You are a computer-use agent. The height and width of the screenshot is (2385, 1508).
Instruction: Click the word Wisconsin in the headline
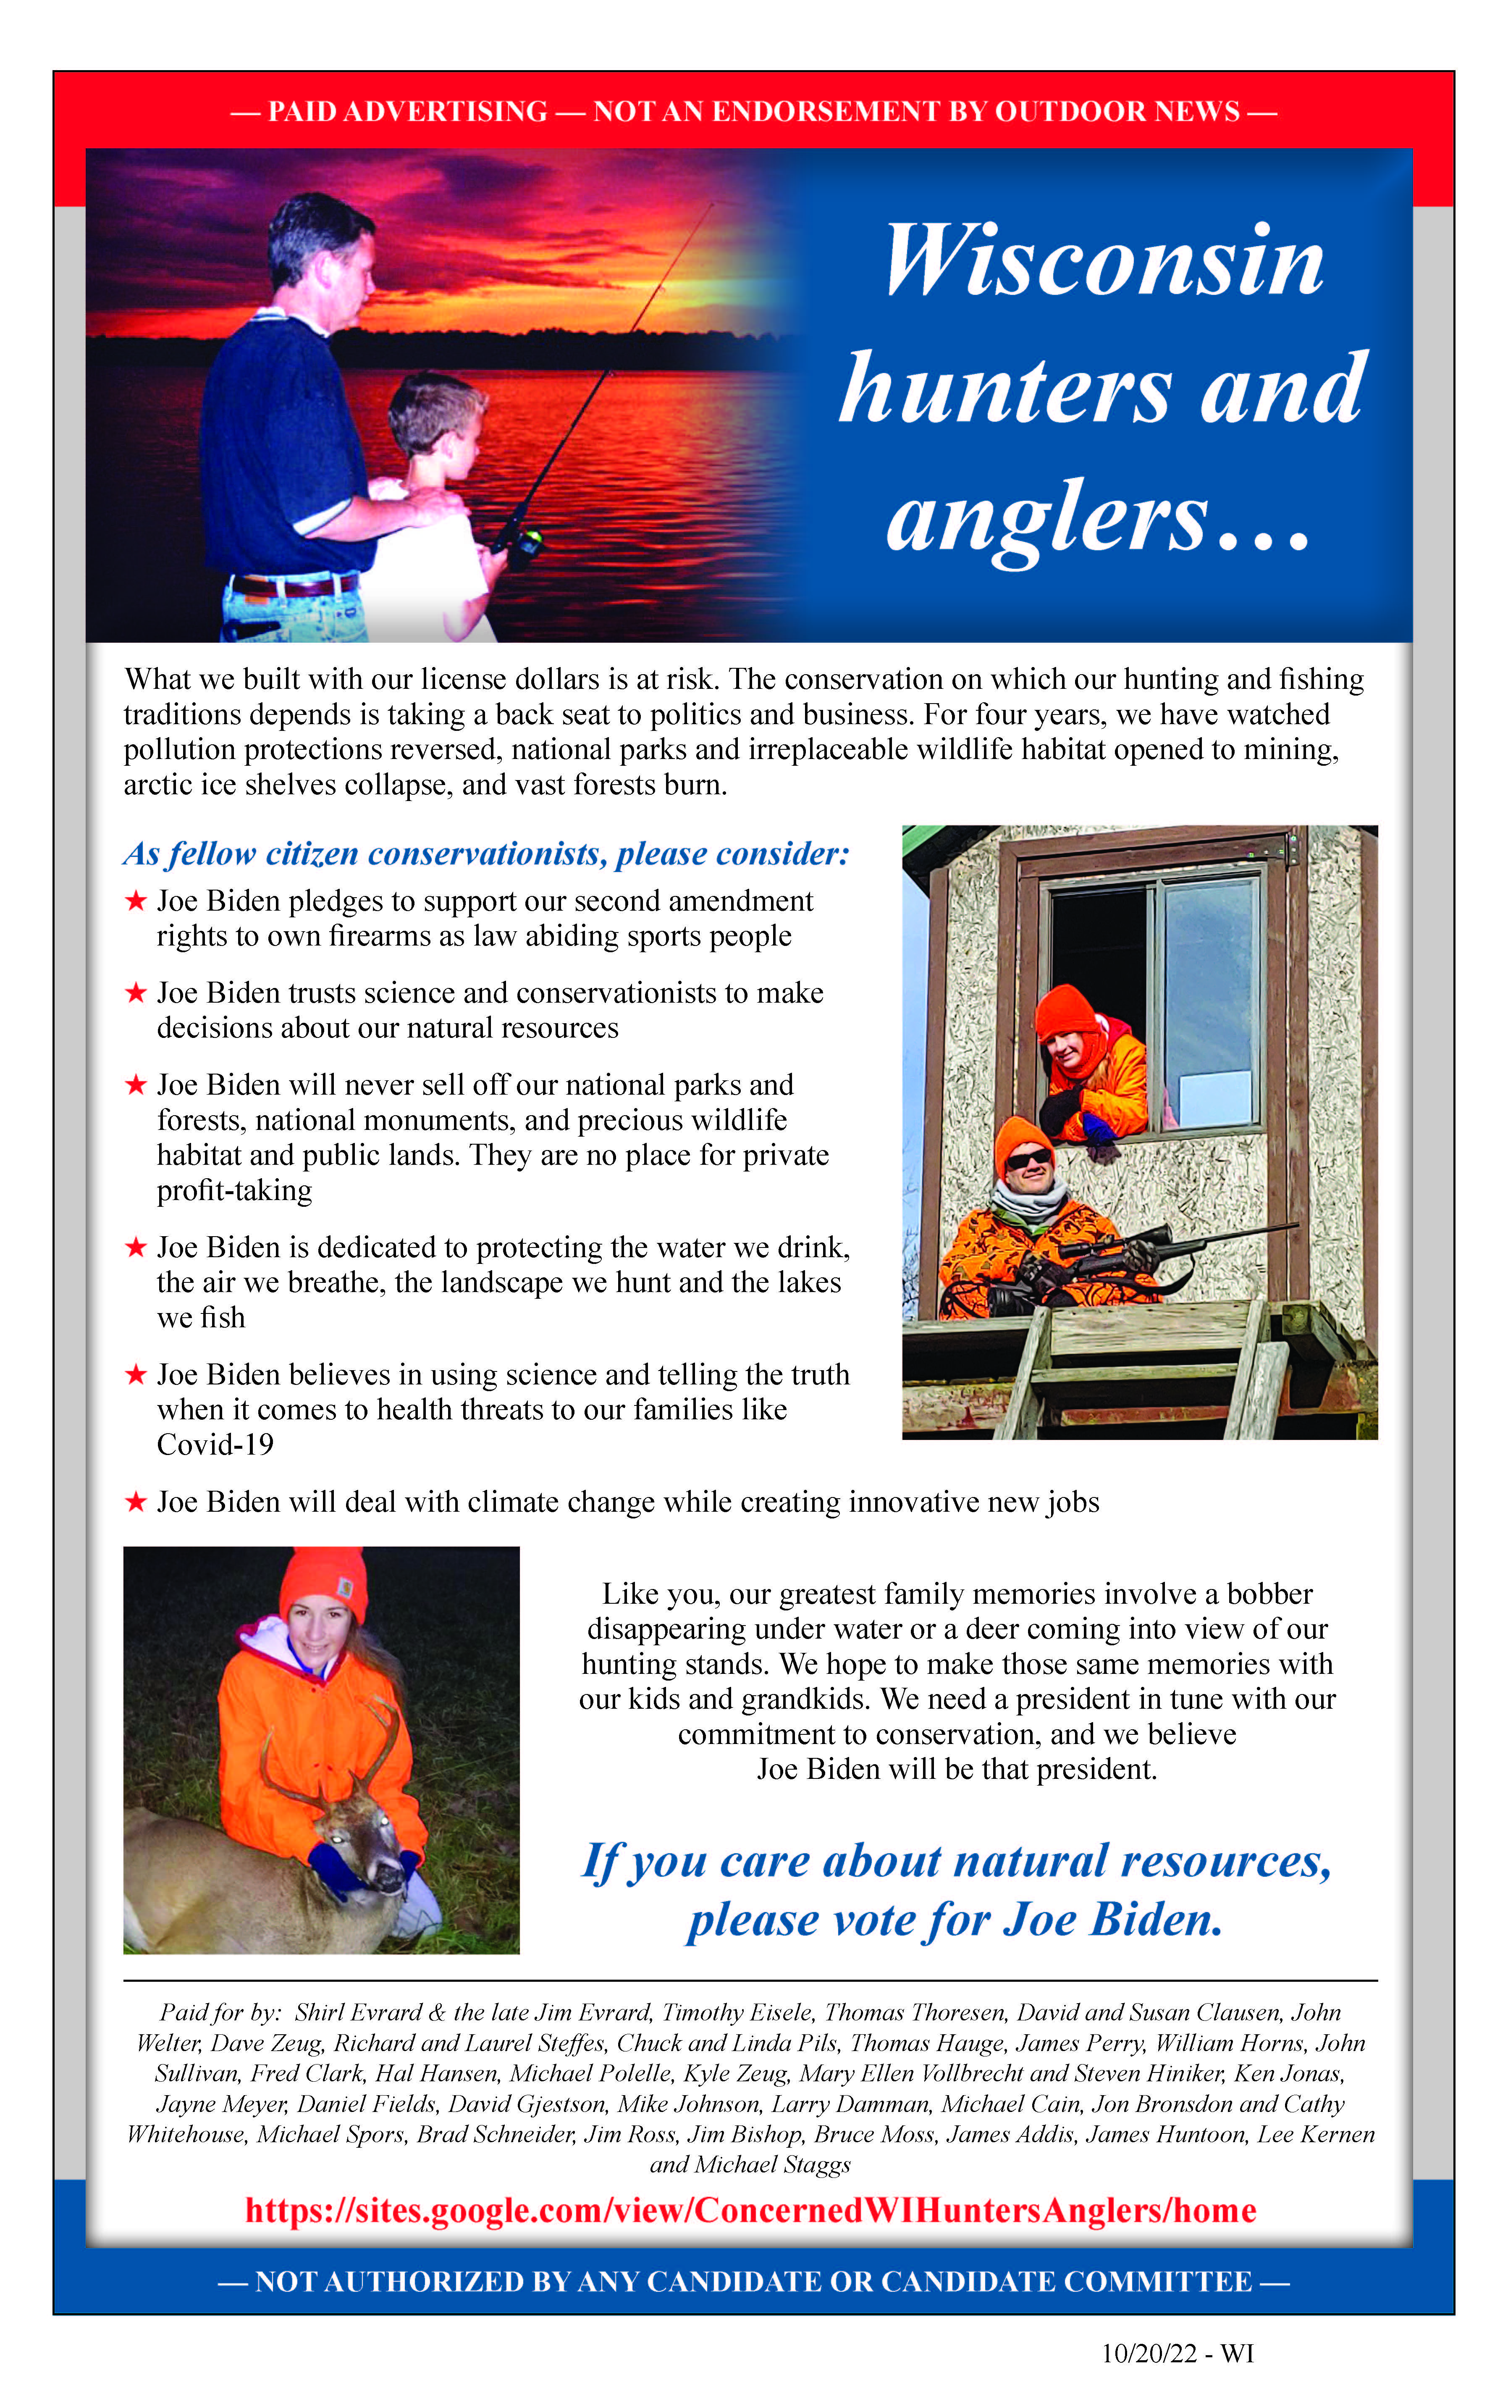click(1104, 260)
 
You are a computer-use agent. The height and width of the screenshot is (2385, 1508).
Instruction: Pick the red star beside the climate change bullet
click(136, 1502)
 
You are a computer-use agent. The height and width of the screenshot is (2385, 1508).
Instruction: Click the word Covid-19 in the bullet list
click(215, 1445)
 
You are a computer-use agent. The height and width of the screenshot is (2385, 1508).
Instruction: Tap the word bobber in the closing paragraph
click(1269, 1594)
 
